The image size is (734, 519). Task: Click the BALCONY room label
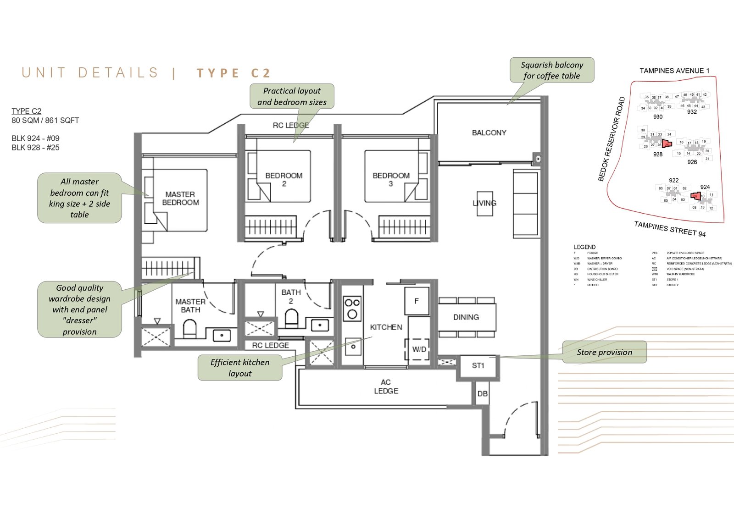489,133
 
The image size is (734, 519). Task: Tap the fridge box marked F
417,301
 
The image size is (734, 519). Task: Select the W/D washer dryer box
419,349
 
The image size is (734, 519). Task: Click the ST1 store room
478,366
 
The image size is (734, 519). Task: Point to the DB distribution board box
482,394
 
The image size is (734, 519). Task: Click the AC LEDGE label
386,386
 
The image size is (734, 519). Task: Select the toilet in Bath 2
291,317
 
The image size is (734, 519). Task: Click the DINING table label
466,317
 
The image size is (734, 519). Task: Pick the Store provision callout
604,352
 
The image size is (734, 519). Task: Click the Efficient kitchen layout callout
240,368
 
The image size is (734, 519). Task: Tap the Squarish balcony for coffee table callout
552,70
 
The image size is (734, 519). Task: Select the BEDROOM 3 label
391,179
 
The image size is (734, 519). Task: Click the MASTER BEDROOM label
180,199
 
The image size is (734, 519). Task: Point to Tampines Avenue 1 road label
674,71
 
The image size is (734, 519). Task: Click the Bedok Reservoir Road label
612,139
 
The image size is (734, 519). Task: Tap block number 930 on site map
658,117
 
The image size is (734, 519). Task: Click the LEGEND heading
584,247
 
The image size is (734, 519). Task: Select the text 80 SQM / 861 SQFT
45,121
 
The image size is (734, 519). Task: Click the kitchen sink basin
353,347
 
